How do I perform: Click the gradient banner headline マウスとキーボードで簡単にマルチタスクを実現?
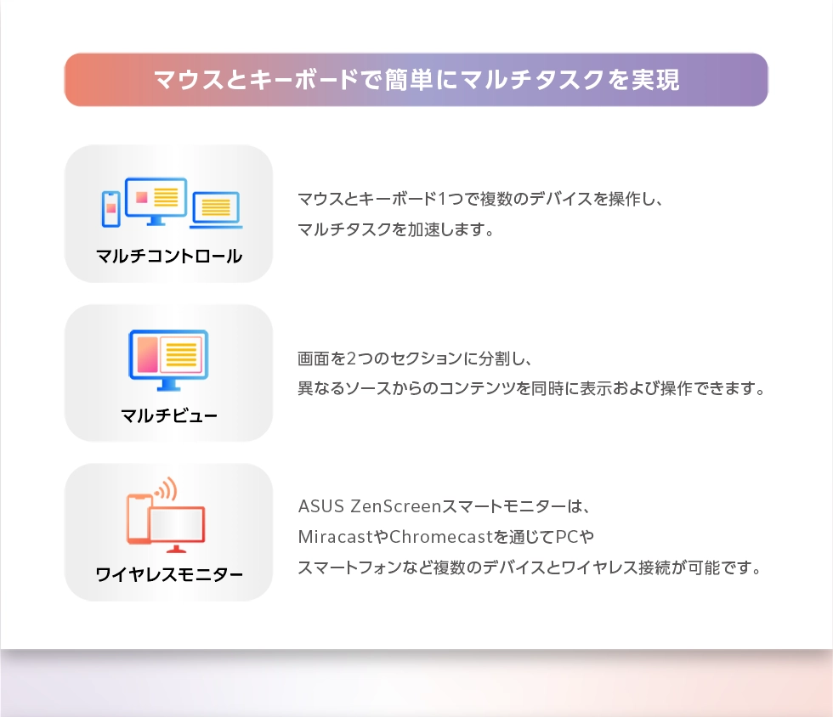pyautogui.click(x=416, y=80)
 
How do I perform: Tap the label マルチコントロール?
pyautogui.click(x=169, y=256)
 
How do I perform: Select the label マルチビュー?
pyautogui.click(x=169, y=415)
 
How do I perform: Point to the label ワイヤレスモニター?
pyautogui.click(x=169, y=574)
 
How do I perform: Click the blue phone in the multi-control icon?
pyautogui.click(x=110, y=209)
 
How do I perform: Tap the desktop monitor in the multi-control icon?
pyautogui.click(x=156, y=200)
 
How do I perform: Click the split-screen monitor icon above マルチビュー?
pyautogui.click(x=168, y=360)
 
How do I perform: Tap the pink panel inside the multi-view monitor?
pyautogui.click(x=147, y=353)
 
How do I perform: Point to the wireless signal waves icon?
pyautogui.click(x=167, y=489)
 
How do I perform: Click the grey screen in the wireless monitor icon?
pyautogui.click(x=177, y=524)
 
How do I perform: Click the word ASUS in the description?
pyautogui.click(x=321, y=506)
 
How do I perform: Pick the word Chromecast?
pyautogui.click(x=441, y=537)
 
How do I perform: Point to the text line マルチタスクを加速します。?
pyautogui.click(x=396, y=229)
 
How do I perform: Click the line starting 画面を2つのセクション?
pyautogui.click(x=415, y=358)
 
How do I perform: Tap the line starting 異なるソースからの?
pyautogui.click(x=531, y=388)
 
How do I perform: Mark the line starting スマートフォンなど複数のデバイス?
pyautogui.click(x=530, y=567)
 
